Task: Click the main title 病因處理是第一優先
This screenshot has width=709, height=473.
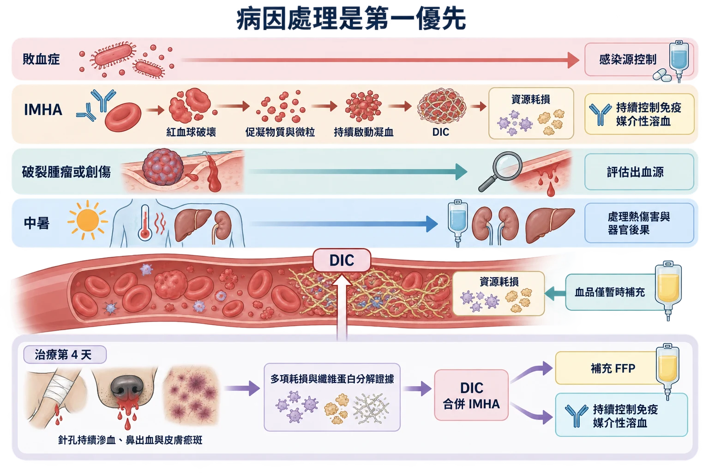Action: (x=351, y=19)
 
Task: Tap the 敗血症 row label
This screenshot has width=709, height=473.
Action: (x=41, y=59)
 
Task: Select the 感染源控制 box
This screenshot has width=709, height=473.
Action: (x=639, y=60)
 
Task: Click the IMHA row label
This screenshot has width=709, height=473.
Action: (x=43, y=109)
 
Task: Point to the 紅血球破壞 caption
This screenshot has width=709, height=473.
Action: (x=191, y=132)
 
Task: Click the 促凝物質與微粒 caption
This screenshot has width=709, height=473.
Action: (x=280, y=132)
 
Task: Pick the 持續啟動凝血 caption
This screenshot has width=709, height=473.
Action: (x=364, y=132)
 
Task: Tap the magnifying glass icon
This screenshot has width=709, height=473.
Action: (x=501, y=171)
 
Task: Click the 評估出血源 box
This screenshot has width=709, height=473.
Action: (x=639, y=172)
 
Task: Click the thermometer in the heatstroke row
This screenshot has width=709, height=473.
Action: (x=144, y=222)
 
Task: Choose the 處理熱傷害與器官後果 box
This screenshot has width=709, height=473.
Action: (x=639, y=223)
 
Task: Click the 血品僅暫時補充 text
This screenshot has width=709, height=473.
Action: (x=610, y=292)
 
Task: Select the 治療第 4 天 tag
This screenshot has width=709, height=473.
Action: (x=65, y=354)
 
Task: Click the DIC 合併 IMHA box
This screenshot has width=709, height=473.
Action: (x=471, y=395)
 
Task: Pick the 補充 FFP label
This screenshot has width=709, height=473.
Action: (x=613, y=369)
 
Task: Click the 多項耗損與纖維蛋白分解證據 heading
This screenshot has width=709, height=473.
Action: (x=332, y=379)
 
